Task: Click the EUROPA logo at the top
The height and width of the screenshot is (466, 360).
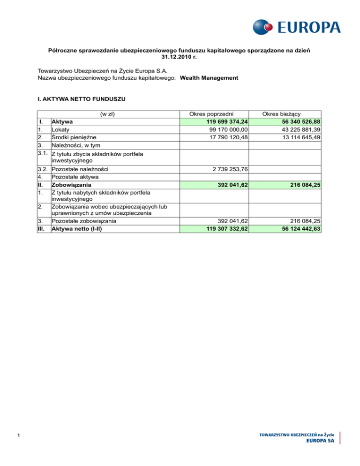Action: click(x=296, y=27)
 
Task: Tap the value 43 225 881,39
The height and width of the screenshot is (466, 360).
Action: click(x=295, y=129)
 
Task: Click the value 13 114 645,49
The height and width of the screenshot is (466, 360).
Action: click(x=295, y=137)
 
